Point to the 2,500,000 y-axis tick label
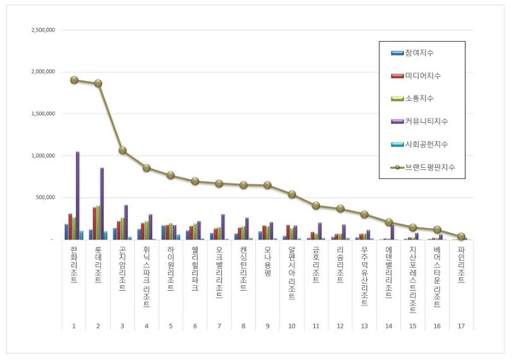pyautogui.click(x=42, y=30)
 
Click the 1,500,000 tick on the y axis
pyautogui.click(x=42, y=113)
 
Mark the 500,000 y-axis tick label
pyautogui.click(x=45, y=197)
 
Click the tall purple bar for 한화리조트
pyautogui.click(x=78, y=195)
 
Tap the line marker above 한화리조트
pyautogui.click(x=74, y=80)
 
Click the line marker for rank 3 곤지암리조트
pyautogui.click(x=123, y=150)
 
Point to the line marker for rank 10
pyautogui.click(x=291, y=195)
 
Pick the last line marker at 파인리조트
pyautogui.click(x=462, y=236)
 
